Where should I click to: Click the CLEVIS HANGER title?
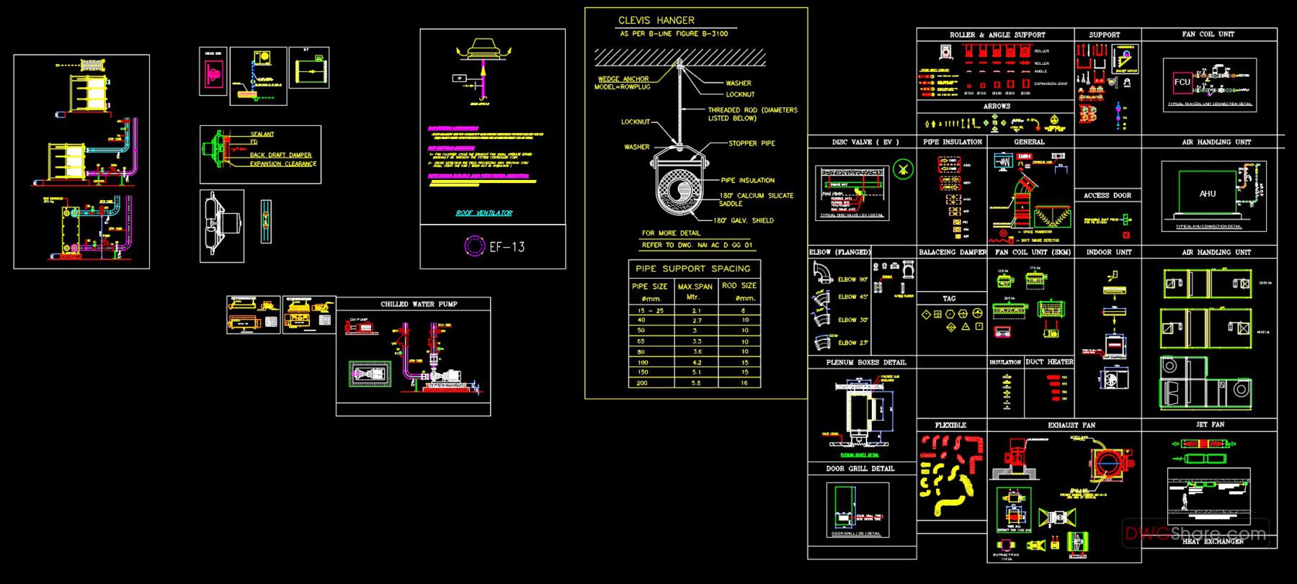(x=656, y=20)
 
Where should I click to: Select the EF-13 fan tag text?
(x=507, y=246)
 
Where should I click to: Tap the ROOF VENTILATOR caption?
(x=483, y=213)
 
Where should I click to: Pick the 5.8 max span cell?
(x=695, y=383)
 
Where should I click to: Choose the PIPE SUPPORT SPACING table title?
(x=692, y=269)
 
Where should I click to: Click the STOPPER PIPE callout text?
(x=752, y=143)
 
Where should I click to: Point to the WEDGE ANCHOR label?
(x=623, y=79)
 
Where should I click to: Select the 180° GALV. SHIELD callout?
(x=743, y=220)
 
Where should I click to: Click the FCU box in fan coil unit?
(x=1182, y=82)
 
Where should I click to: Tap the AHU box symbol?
(x=1208, y=194)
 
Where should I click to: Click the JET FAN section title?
(x=1210, y=425)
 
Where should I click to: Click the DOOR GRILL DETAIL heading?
(x=860, y=469)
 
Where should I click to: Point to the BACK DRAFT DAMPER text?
(x=280, y=155)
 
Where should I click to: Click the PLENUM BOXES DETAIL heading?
(x=866, y=362)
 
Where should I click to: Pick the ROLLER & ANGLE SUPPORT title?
(x=997, y=35)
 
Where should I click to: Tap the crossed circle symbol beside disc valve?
(x=902, y=170)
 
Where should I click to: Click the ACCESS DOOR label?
(x=1107, y=195)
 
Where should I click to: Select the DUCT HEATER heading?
(x=1049, y=361)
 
